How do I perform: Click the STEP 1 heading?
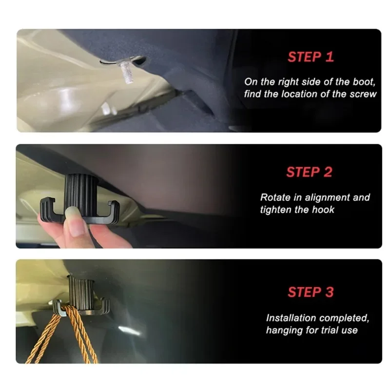[x=311, y=57]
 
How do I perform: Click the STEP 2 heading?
[x=309, y=172]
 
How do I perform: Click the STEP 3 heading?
[x=311, y=292]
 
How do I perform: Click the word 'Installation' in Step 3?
[x=291, y=318]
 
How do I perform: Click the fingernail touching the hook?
[x=76, y=221]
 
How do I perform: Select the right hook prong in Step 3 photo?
[x=105, y=307]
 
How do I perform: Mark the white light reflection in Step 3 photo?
[x=129, y=331]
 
